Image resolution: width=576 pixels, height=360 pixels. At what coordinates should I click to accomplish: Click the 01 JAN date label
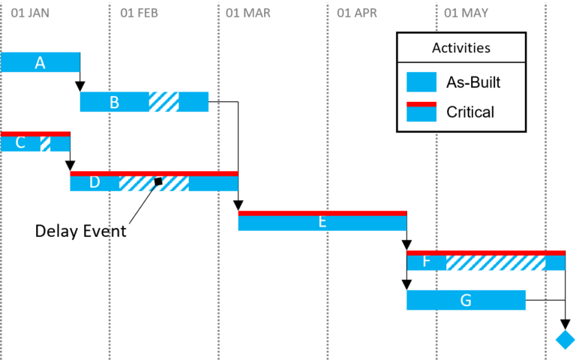click(31, 13)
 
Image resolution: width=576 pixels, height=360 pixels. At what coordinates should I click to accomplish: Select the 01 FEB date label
click(139, 13)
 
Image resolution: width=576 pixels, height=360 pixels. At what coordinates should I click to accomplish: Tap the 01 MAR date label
click(247, 13)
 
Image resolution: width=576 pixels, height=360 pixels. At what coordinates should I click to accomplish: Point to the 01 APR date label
click(357, 13)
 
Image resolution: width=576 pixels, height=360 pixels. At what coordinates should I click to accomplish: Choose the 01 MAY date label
click(466, 13)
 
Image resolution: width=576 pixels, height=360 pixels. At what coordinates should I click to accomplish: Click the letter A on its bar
click(40, 63)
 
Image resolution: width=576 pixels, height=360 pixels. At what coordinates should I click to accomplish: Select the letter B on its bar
click(114, 103)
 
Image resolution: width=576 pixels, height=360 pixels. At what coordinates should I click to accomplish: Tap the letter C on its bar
click(20, 142)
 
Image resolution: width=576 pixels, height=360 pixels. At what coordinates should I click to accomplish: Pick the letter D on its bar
click(94, 182)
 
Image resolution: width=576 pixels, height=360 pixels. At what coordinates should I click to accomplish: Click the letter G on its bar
click(466, 301)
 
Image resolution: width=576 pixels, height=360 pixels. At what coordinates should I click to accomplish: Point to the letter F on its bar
click(426, 261)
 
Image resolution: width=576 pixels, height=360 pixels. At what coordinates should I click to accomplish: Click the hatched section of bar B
click(163, 102)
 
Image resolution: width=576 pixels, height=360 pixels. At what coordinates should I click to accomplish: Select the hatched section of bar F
click(495, 262)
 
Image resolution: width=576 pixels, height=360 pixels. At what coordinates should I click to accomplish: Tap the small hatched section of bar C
click(45, 144)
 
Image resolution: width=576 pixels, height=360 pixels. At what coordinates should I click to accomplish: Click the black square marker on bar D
click(158, 181)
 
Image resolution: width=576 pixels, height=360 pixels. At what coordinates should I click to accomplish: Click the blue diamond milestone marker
click(565, 340)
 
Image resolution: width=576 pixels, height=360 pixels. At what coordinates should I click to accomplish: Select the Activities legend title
click(460, 48)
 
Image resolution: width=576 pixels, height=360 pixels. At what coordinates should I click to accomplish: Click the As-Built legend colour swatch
click(421, 82)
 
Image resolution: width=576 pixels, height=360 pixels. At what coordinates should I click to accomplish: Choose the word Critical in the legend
click(470, 112)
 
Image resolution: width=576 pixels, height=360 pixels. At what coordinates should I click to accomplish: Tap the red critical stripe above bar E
click(322, 213)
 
